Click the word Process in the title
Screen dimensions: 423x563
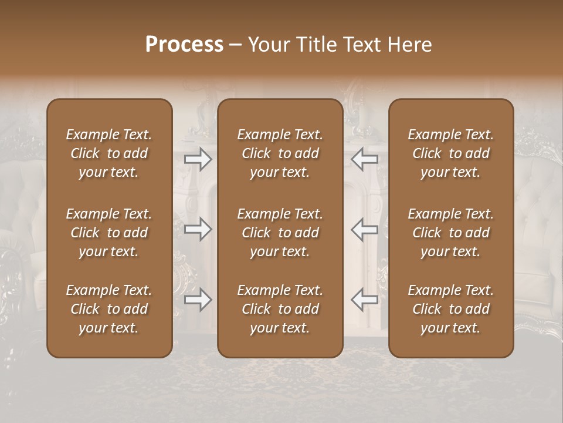[x=184, y=45]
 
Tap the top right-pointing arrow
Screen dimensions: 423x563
[x=198, y=159]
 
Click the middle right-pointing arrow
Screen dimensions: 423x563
[x=198, y=229]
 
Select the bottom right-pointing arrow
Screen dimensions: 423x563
[x=198, y=300]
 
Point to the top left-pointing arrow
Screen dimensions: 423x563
[x=365, y=159]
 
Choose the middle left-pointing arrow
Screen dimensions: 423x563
[x=365, y=229]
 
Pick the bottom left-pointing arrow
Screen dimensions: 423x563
[x=365, y=300]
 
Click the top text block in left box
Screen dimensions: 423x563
[x=109, y=153]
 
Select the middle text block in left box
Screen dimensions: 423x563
[x=109, y=233]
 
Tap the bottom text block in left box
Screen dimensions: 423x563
[x=109, y=309]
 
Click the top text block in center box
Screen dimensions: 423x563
[x=280, y=153]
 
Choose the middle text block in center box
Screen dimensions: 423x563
[x=280, y=233]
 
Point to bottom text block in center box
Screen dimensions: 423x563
[x=280, y=309]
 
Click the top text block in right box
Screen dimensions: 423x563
[x=450, y=153]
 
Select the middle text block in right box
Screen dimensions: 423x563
[x=450, y=233]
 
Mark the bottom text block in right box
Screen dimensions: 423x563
[x=450, y=309]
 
